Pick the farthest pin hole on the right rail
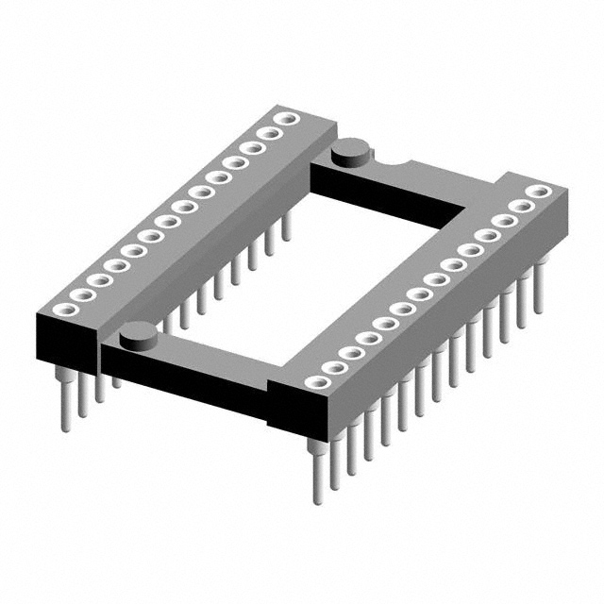[538, 192]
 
